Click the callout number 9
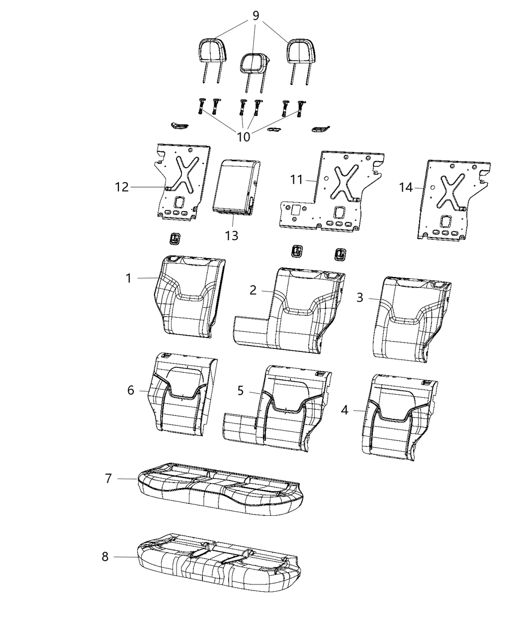click(256, 16)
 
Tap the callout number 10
click(244, 137)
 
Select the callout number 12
click(122, 187)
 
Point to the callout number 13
click(232, 235)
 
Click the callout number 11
click(297, 179)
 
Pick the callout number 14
click(406, 187)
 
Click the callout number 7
click(108, 478)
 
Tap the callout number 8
click(105, 557)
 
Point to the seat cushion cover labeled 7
click(219, 489)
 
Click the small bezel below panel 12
click(174, 238)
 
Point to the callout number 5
click(241, 391)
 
